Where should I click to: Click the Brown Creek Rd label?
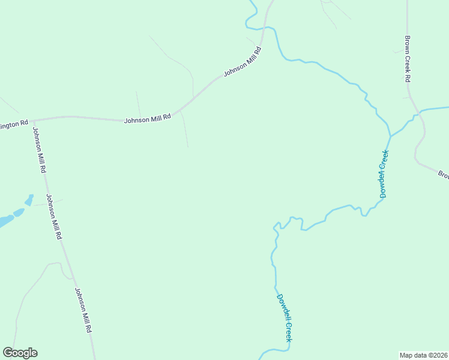pyautogui.click(x=407, y=59)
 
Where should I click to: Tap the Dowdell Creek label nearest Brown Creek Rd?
pyautogui.click(x=384, y=174)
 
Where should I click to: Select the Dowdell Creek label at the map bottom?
pyautogui.click(x=285, y=317)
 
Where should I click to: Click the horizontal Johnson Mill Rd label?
pyautogui.click(x=148, y=119)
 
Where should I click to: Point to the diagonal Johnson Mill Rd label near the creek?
pyautogui.click(x=244, y=62)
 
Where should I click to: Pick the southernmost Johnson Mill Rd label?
pyautogui.click(x=83, y=310)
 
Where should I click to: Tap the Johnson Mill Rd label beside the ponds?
pyautogui.click(x=53, y=217)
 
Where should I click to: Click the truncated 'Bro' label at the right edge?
pyautogui.click(x=443, y=175)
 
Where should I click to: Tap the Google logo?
pyautogui.click(x=20, y=353)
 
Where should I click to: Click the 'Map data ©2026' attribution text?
pyautogui.click(x=423, y=355)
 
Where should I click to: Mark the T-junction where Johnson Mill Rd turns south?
pyautogui.click(x=33, y=120)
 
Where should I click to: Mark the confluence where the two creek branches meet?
pyautogui.click(x=391, y=136)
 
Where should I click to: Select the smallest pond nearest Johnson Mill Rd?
pyautogui.click(x=29, y=199)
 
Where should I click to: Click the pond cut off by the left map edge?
pyautogui.click(x=5, y=221)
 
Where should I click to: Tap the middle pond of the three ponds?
pyautogui.click(x=18, y=212)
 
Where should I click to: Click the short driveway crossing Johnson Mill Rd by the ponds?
pyautogui.click(x=47, y=203)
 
